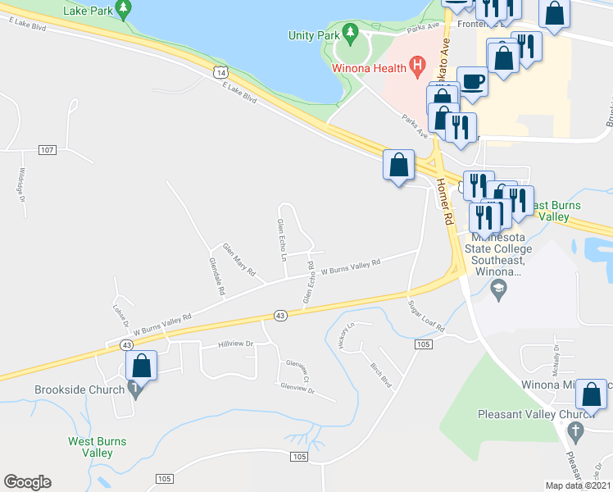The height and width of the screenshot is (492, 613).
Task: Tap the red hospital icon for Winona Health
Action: (x=417, y=63)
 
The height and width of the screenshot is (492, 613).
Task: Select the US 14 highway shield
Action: (x=219, y=73)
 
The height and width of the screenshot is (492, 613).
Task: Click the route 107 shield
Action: (x=47, y=149)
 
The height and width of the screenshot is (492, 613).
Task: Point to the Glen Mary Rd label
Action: (x=239, y=259)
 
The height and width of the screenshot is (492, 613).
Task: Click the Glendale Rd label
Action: (x=217, y=276)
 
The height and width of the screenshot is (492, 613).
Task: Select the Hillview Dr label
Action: (x=236, y=344)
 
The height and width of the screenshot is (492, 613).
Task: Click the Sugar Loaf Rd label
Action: (x=427, y=317)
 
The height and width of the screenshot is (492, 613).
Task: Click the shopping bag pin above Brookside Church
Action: (x=141, y=366)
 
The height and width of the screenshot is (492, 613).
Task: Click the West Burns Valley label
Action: (x=97, y=447)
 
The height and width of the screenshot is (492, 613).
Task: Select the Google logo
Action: (x=27, y=482)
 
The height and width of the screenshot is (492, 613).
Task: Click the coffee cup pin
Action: (x=471, y=83)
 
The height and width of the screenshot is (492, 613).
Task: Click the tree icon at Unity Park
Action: (x=352, y=34)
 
